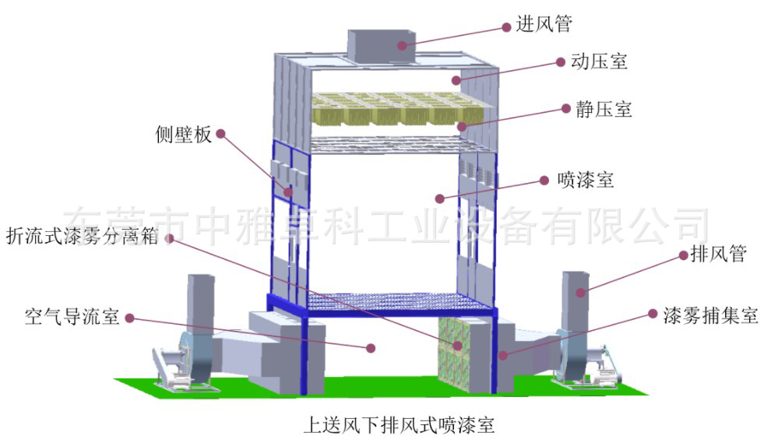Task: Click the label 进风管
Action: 544,24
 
